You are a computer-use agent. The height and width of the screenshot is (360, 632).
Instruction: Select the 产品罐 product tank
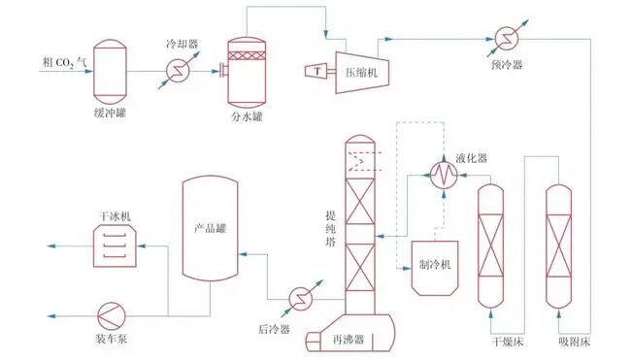point(209,238)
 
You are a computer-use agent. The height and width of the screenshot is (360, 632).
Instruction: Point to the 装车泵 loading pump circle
point(112,315)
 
